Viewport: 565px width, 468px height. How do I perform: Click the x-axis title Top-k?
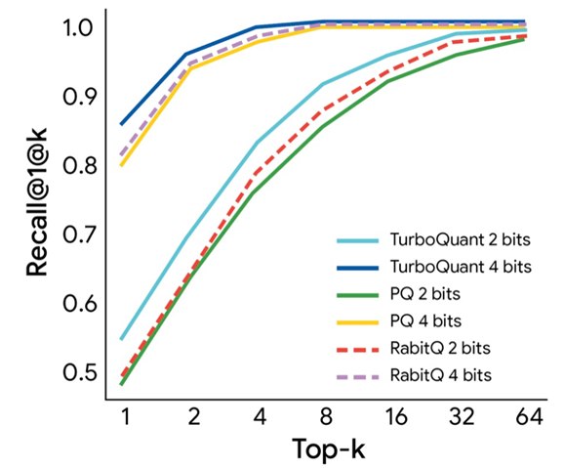(331, 449)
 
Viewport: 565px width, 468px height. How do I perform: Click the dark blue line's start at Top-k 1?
(121, 124)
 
